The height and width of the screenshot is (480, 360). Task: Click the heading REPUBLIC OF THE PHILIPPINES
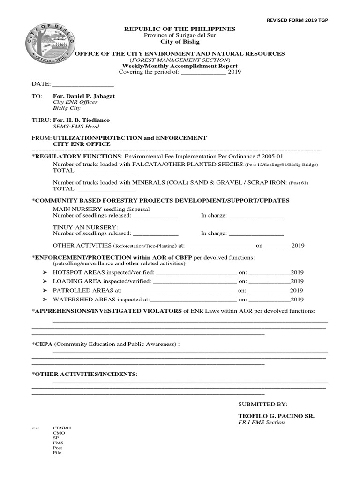click(180, 29)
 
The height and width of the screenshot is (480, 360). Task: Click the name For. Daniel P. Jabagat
click(83, 96)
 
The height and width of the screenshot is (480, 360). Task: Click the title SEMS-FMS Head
click(75, 126)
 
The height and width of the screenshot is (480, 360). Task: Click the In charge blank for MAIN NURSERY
click(256, 216)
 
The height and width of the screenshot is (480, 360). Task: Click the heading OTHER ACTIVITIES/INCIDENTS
click(85, 374)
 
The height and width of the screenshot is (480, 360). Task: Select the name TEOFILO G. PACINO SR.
click(276, 416)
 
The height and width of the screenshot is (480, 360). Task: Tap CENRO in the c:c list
click(62, 428)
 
